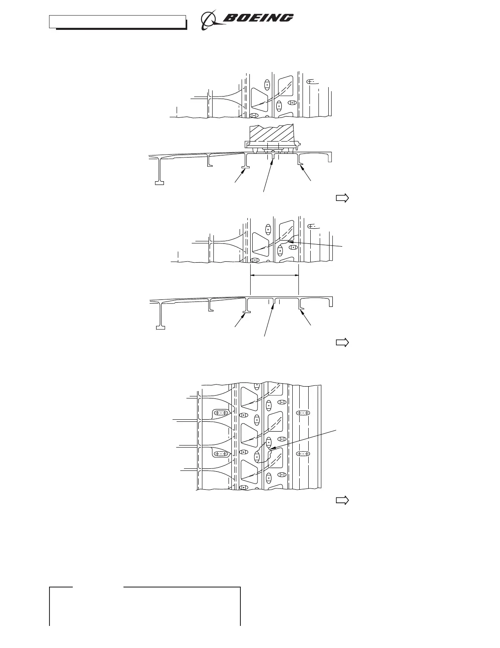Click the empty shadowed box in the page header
(117, 22)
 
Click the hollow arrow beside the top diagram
(342, 198)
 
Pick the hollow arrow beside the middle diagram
(342, 343)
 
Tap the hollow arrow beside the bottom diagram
(342, 500)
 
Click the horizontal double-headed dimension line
(274, 275)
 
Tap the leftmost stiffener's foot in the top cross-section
(159, 183)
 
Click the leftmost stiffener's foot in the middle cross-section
(160, 327)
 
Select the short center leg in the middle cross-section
(274, 302)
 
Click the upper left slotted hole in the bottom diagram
(221, 413)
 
